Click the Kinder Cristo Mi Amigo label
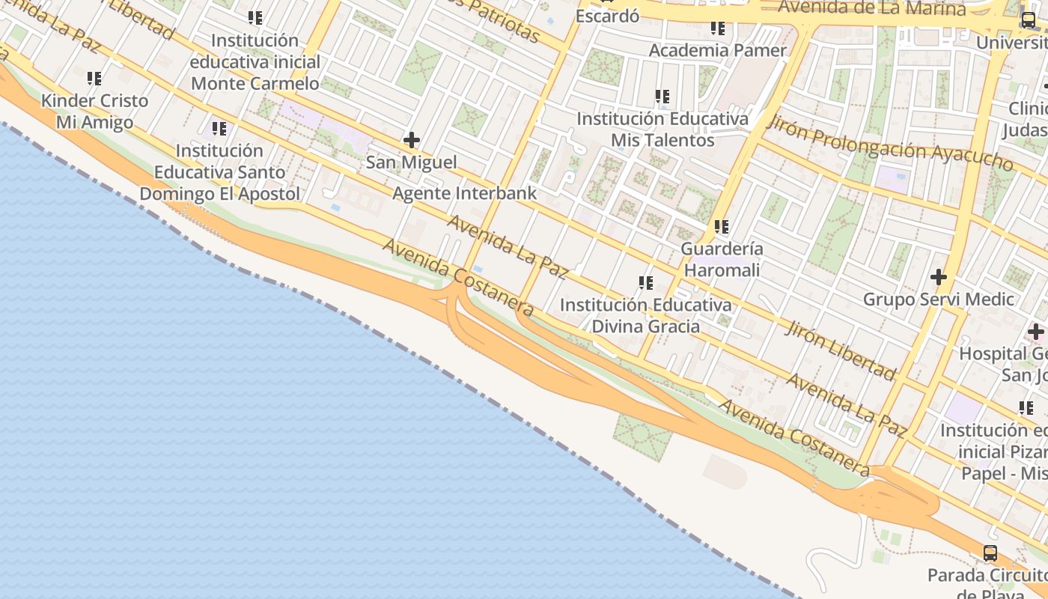tap(94, 111)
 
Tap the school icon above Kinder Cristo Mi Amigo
tap(94, 78)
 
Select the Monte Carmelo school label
tap(255, 61)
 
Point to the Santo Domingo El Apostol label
tap(219, 172)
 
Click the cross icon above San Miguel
tap(411, 140)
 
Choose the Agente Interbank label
tap(465, 193)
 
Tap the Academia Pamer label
tap(718, 50)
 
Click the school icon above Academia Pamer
tap(718, 28)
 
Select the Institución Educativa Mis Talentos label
tap(662, 130)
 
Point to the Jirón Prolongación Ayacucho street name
tap(891, 145)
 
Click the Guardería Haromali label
tap(722, 259)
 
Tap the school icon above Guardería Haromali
tap(722, 226)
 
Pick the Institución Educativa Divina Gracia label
tap(645, 315)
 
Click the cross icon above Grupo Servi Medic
tap(938, 278)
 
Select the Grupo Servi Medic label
tap(938, 299)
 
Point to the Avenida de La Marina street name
tap(872, 8)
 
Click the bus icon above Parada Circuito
tap(990, 553)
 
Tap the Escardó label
tap(607, 15)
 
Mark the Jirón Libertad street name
tap(840, 350)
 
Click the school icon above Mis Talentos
tap(662, 97)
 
